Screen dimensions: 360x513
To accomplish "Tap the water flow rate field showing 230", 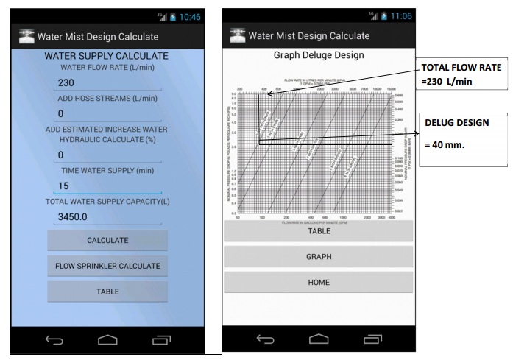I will coord(108,83).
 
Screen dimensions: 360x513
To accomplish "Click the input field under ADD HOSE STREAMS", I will coord(108,113).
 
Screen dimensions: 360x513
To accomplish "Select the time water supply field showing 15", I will coord(108,186).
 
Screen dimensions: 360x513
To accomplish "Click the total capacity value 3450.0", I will coord(108,217).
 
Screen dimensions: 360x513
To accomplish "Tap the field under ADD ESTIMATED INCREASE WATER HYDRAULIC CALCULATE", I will coord(108,155).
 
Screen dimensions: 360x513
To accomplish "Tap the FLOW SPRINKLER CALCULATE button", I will coord(107,265).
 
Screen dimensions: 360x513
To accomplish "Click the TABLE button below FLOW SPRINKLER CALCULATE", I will coord(107,292).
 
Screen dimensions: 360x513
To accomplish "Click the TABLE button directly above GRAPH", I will coord(318,230).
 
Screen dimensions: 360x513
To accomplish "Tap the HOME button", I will coord(318,282).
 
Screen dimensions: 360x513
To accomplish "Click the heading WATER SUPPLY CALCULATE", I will coord(107,56).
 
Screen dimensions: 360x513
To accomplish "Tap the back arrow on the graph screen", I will coord(266,339).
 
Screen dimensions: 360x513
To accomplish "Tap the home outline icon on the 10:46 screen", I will coord(107,339).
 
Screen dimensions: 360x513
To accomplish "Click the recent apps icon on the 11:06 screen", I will coord(372,339).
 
